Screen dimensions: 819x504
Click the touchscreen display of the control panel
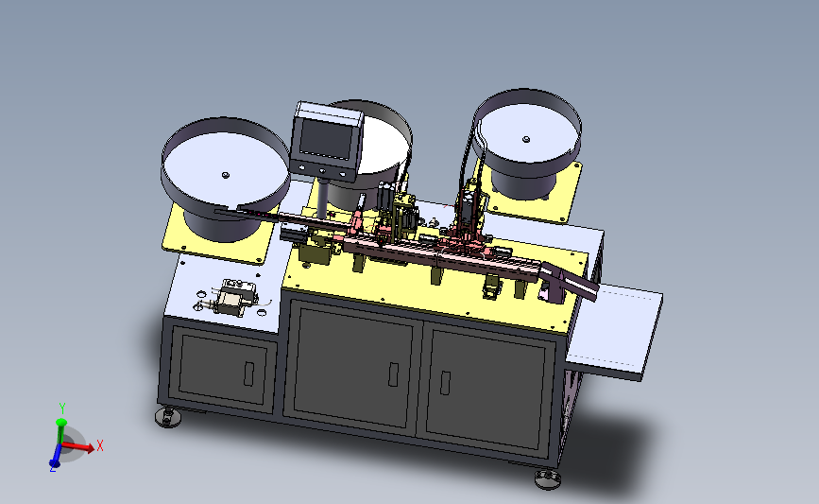(325, 139)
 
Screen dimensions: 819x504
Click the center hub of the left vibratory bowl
(226, 175)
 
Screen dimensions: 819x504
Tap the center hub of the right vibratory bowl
(526, 139)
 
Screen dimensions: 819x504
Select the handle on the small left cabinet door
(248, 374)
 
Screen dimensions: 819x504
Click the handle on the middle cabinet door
(393, 374)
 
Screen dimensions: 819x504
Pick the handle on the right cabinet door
(445, 382)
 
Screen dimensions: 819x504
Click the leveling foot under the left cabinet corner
(168, 417)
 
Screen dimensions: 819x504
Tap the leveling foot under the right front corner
(548, 478)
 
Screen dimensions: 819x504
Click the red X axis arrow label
(100, 446)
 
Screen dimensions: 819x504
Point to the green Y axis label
(62, 408)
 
